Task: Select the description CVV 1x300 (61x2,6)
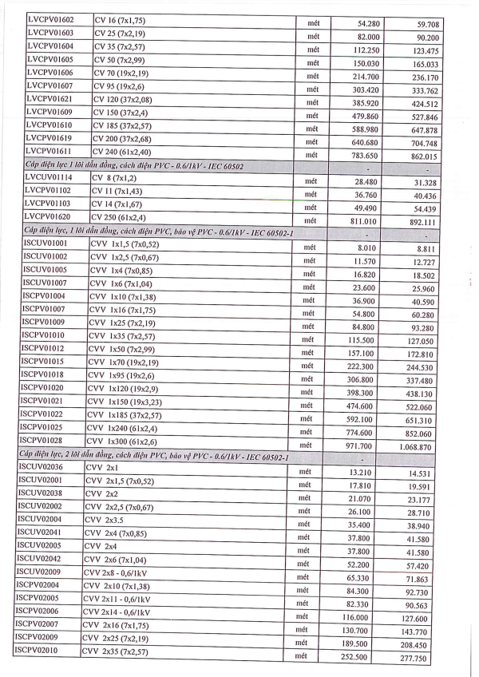(x=125, y=441)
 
